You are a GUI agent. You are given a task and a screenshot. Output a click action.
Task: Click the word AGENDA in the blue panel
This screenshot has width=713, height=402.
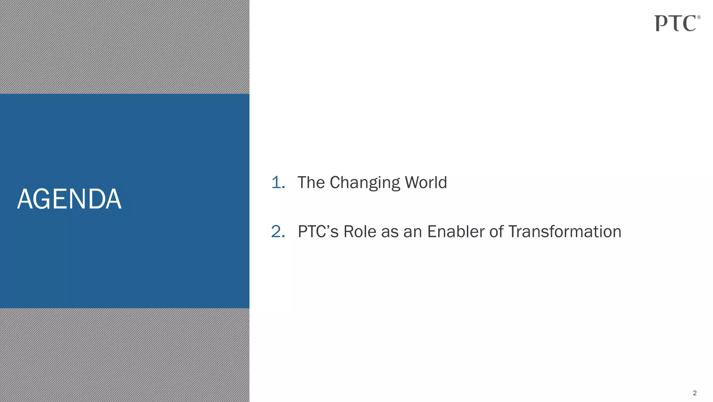click(69, 199)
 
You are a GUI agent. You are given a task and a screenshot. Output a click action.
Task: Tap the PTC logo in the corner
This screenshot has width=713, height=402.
click(675, 23)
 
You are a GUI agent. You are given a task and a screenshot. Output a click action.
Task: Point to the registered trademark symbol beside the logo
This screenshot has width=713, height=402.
click(699, 17)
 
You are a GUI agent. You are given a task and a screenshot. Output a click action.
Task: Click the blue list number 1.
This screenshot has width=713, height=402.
click(277, 183)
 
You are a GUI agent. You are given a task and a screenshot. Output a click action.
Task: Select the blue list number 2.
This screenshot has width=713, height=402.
click(278, 232)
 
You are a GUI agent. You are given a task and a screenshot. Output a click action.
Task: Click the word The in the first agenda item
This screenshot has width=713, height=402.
click(311, 182)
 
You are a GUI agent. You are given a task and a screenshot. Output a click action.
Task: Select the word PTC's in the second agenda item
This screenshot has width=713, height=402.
click(318, 232)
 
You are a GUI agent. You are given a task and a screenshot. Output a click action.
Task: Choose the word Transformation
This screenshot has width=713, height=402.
click(564, 232)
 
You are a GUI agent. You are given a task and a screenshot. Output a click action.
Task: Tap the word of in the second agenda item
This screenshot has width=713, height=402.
click(496, 232)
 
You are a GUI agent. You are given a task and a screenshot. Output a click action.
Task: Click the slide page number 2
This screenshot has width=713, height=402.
click(695, 393)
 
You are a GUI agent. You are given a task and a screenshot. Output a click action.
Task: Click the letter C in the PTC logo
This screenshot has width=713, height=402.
click(689, 24)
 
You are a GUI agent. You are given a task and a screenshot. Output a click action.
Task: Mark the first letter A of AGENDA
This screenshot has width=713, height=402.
click(25, 199)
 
